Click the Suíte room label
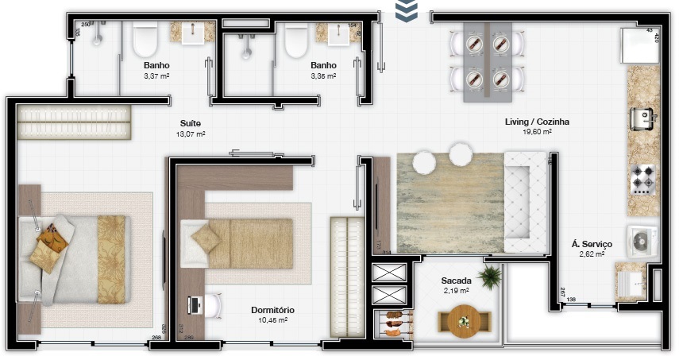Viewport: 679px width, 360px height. tap(190, 123)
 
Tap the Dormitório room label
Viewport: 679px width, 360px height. tap(272, 310)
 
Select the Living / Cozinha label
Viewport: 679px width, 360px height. tap(537, 122)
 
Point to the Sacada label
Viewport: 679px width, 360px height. tap(457, 281)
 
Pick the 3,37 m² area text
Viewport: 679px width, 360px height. tap(156, 76)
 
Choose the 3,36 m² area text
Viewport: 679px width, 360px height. tap(323, 76)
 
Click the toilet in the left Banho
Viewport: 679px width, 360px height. tap(145, 39)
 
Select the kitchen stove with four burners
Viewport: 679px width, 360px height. tap(642, 180)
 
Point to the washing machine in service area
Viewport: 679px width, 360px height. tap(642, 240)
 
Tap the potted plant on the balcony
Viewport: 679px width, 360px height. tap(491, 277)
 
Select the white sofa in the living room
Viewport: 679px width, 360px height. tap(527, 202)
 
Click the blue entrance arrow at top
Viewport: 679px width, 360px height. tap(407, 10)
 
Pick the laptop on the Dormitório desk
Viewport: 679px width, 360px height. tap(195, 304)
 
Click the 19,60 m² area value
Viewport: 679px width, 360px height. tap(537, 134)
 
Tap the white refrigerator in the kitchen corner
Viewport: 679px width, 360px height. tap(639, 46)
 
